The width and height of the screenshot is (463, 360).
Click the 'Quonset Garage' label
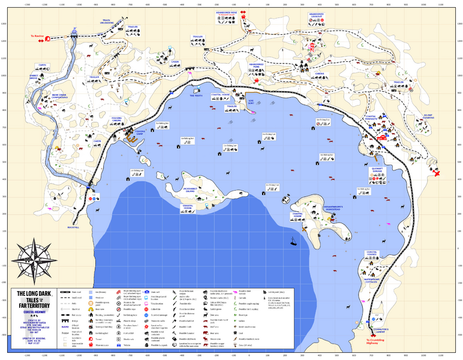380,171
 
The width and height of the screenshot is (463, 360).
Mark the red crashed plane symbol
437,173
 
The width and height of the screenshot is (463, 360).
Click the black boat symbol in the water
292,243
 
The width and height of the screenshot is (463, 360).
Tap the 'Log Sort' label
251,101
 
